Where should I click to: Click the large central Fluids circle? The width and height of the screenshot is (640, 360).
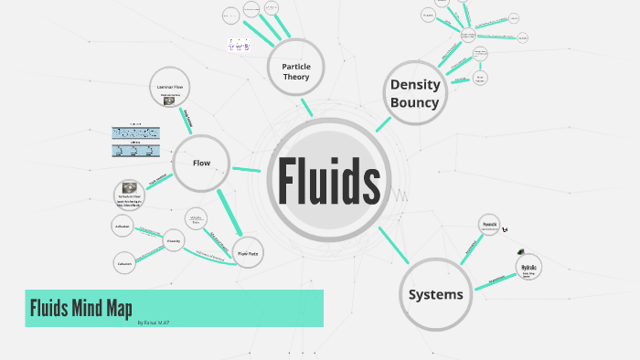pos(328,182)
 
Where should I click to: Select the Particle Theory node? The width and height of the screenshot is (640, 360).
pos(294,70)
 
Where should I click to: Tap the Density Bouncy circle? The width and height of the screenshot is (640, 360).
pos(414,92)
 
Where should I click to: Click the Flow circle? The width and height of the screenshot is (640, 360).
pos(201,163)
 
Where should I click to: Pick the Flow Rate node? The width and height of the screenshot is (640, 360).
pos(248,253)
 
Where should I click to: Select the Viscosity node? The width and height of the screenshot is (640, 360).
pos(174,241)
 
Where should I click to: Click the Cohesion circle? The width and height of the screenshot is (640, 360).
pos(124,263)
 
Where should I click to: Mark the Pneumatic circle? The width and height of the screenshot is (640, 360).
pos(490,226)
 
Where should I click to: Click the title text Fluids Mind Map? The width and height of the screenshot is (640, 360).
pos(82,307)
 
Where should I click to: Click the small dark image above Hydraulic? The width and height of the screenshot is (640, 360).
pos(521,252)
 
